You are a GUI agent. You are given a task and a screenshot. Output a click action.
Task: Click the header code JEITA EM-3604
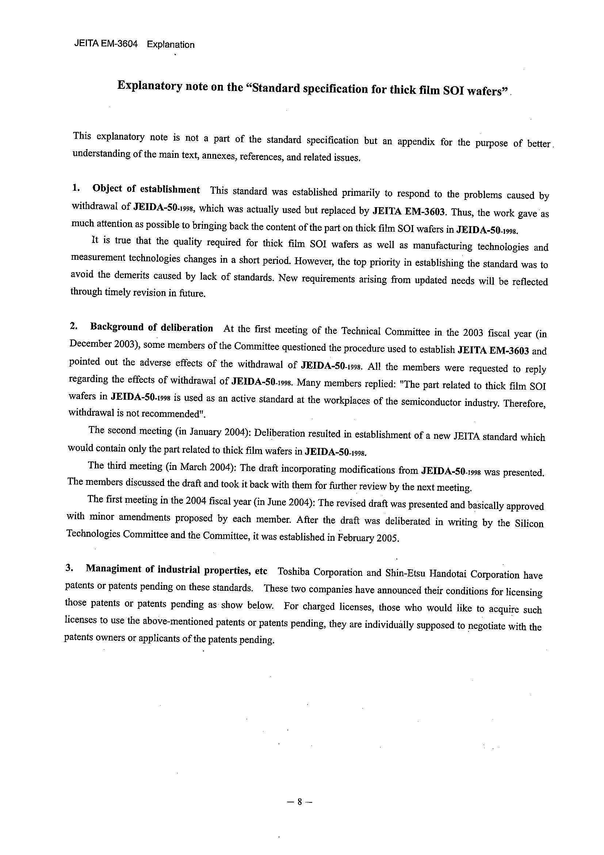[106, 44]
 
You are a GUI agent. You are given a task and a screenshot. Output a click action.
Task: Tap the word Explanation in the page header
[171, 45]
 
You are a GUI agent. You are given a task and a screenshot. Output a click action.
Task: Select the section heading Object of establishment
[146, 189]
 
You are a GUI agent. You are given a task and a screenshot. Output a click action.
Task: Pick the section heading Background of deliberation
[152, 328]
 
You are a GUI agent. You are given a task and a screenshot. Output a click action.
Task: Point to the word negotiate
[486, 626]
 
